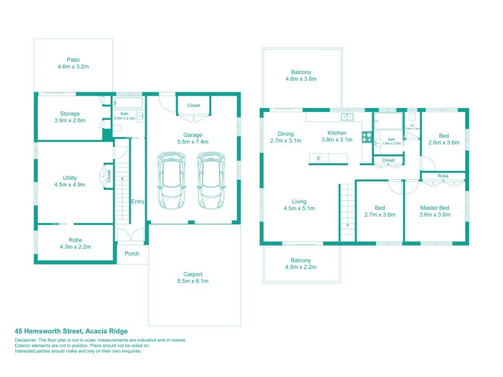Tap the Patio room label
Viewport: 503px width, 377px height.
click(73, 63)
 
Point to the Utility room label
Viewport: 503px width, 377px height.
click(69, 182)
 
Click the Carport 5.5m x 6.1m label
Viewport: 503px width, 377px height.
click(194, 277)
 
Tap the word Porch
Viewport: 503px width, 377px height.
click(131, 254)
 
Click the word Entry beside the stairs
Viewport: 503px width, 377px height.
click(138, 202)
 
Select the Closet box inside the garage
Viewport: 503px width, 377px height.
click(194, 105)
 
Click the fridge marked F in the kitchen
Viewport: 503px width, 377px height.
click(319, 159)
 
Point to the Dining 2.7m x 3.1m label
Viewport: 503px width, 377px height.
click(285, 137)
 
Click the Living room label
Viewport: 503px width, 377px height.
click(299, 204)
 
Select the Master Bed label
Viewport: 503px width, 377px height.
click(434, 210)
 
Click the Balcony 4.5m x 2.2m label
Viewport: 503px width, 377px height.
click(301, 264)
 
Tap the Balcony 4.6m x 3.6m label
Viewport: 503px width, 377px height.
click(301, 75)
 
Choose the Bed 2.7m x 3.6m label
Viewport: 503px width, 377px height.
click(380, 210)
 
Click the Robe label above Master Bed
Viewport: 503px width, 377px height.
click(443, 176)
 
